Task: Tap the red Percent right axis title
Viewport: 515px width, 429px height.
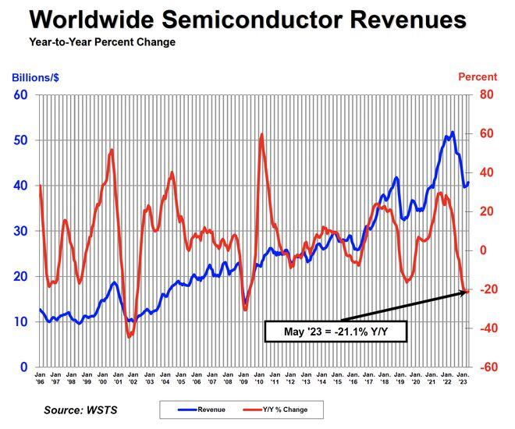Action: pos(477,78)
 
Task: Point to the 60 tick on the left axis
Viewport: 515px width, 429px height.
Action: pos(20,95)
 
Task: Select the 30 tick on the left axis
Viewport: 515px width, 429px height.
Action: pos(20,231)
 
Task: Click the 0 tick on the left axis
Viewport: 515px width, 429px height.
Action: pos(24,367)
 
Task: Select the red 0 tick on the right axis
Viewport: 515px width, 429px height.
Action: pos(484,250)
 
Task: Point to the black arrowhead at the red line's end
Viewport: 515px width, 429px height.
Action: pos(465,292)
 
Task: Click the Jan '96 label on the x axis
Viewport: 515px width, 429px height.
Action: pos(40,378)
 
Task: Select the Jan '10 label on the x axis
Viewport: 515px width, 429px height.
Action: pos(258,378)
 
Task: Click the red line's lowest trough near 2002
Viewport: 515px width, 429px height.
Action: pos(129,337)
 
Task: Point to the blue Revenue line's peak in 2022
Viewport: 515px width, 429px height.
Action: pos(453,132)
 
